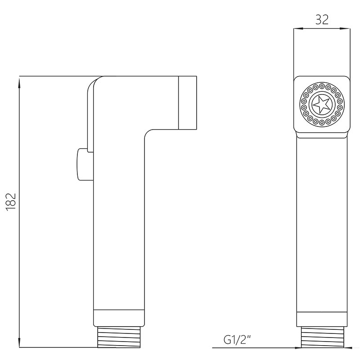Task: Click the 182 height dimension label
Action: [11, 202]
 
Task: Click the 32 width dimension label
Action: [322, 19]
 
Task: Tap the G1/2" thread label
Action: [238, 340]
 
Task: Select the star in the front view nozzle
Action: [321, 105]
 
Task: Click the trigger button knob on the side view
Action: [82, 164]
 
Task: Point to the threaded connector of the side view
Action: [119, 337]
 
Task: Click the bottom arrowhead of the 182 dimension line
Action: [19, 342]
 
